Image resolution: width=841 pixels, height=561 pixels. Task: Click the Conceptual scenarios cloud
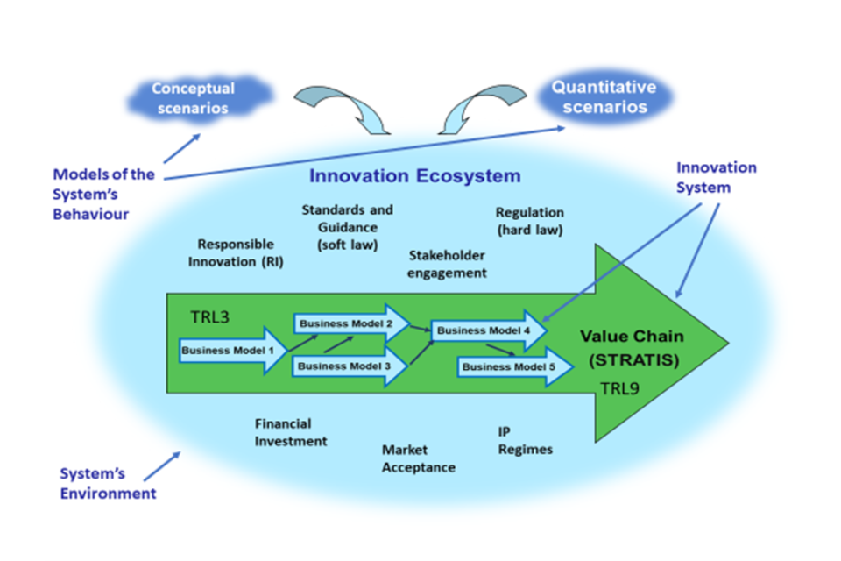193,98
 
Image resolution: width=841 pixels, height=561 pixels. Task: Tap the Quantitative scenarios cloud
604,97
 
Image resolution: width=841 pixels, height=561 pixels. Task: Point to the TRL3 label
210,317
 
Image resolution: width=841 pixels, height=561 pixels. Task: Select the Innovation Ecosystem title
414,176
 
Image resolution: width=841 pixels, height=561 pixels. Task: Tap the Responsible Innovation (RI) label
236,252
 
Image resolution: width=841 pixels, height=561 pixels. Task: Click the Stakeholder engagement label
447,263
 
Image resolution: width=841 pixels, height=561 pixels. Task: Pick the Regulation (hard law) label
529,221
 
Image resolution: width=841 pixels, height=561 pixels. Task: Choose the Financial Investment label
291,432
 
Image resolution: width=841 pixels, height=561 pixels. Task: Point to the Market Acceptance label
418,458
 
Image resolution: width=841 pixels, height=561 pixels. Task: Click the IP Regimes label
525,440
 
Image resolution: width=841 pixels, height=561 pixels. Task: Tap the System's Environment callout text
108,483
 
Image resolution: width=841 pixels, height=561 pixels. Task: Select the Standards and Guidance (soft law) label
347,227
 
